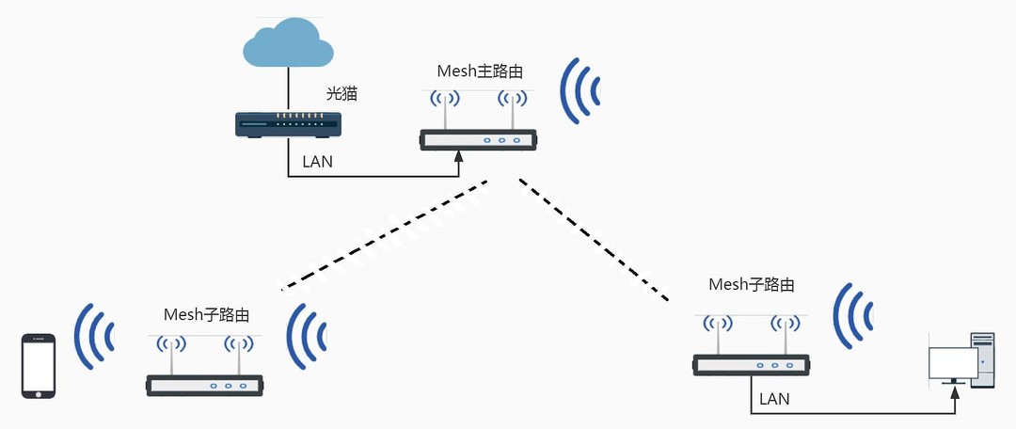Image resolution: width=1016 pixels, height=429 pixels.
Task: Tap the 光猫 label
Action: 341,93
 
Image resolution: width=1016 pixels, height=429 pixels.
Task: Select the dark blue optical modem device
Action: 288,124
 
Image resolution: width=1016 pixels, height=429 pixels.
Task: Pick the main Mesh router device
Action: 478,138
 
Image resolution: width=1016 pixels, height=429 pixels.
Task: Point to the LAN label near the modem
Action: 317,162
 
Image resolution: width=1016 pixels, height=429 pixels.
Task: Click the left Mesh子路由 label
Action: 207,314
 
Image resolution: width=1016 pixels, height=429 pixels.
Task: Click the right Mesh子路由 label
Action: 751,284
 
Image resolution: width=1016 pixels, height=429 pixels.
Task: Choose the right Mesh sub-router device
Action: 752,364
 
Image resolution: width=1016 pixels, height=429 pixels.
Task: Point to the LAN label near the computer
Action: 774,399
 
